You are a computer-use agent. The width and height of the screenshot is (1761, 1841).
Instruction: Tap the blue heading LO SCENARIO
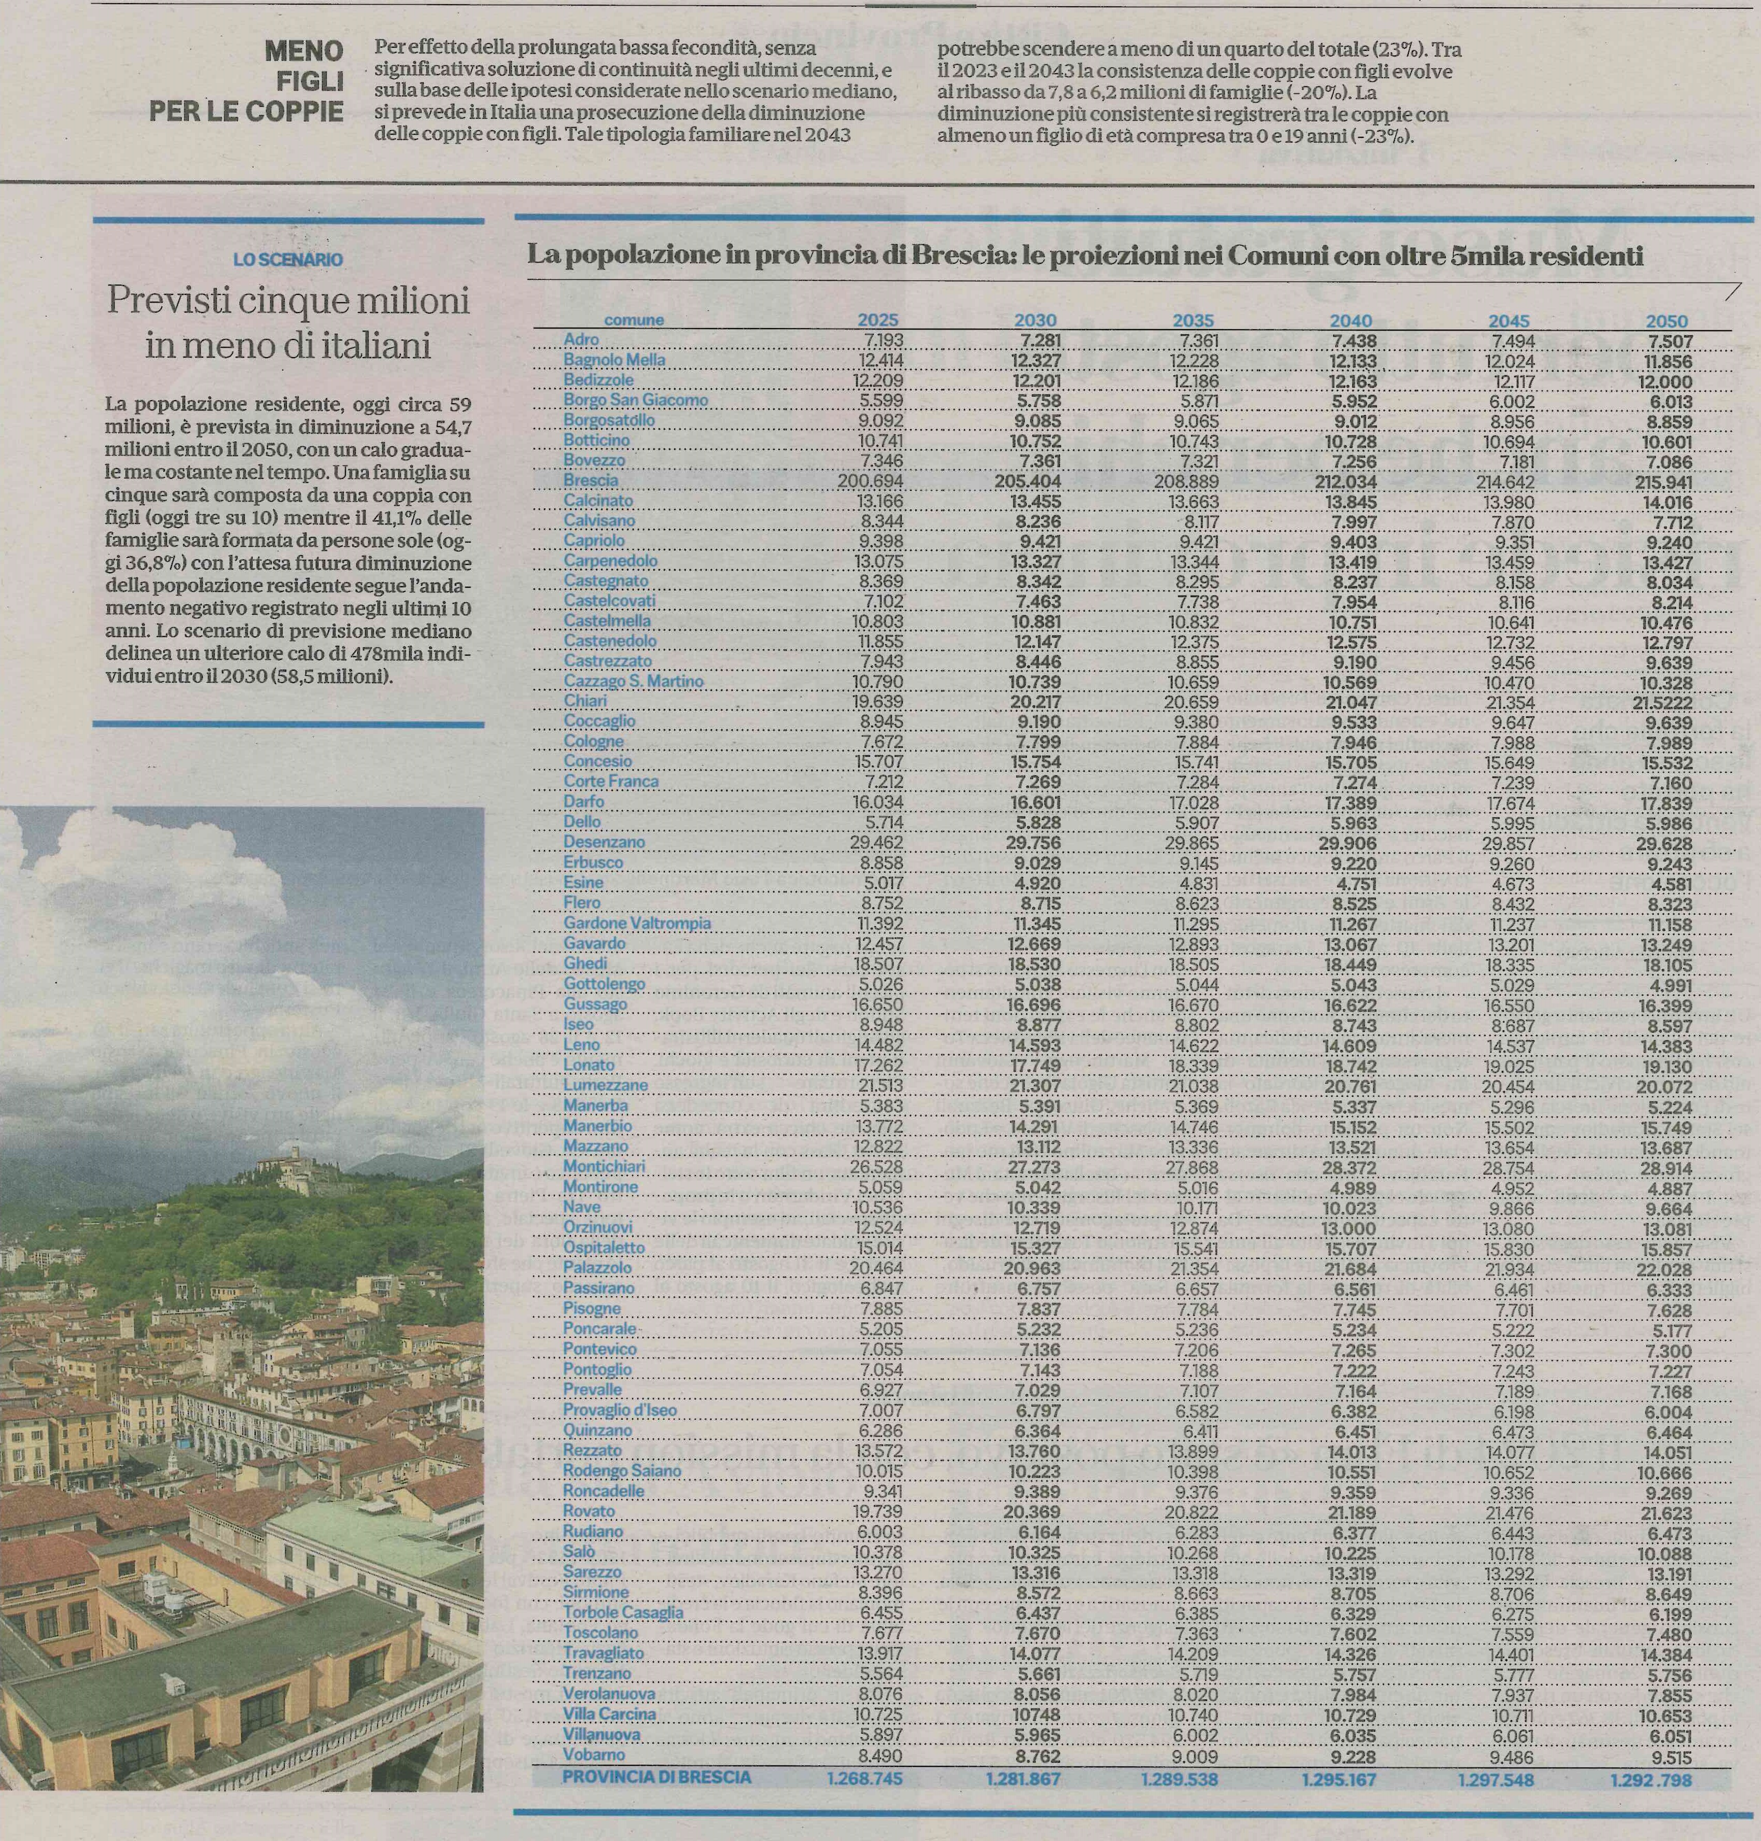(x=288, y=259)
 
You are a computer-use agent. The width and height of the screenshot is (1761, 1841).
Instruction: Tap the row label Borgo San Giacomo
(x=636, y=400)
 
